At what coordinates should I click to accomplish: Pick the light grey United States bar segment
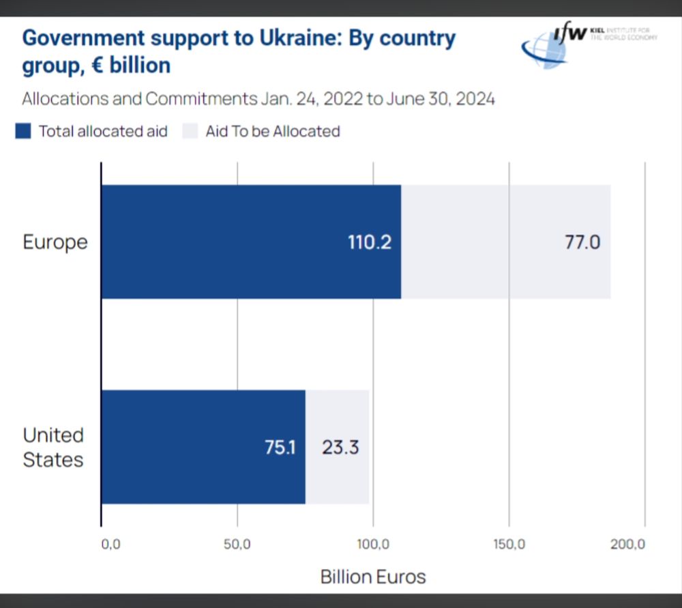(x=338, y=478)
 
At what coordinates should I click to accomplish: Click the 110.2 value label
(x=370, y=242)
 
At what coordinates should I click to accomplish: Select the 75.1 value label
(x=280, y=448)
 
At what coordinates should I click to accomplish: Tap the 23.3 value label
(x=340, y=448)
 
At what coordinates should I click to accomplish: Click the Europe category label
(x=55, y=242)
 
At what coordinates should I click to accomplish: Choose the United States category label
(x=53, y=447)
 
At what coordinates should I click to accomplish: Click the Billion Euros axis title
(x=372, y=577)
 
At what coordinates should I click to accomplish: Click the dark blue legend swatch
(x=23, y=131)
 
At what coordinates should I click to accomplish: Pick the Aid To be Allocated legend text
(x=272, y=131)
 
